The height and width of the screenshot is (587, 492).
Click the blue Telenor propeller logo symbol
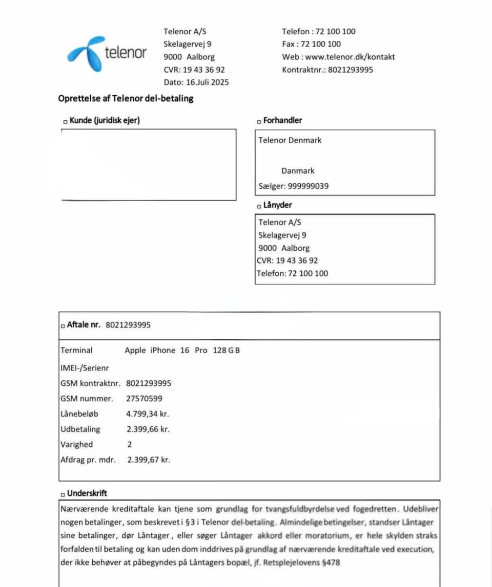(x=86, y=53)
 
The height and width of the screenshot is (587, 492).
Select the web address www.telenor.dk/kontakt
(x=350, y=57)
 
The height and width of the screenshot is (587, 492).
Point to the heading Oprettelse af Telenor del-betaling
(x=126, y=98)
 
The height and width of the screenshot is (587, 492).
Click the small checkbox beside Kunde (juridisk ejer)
(x=65, y=121)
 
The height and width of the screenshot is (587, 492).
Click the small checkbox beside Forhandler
(x=259, y=121)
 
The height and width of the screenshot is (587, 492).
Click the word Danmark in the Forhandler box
(x=298, y=171)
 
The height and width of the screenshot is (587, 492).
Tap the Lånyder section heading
(x=277, y=205)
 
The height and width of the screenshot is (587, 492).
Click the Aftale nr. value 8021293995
(x=128, y=325)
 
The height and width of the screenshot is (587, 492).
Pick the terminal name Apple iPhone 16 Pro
(x=166, y=351)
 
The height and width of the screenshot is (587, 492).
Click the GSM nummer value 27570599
(x=144, y=398)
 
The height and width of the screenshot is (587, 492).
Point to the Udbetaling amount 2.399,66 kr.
(x=148, y=429)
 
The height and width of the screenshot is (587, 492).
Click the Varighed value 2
(x=129, y=444)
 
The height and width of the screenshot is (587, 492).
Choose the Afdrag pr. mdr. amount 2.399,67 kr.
(x=148, y=460)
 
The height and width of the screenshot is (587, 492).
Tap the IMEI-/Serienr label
(x=85, y=367)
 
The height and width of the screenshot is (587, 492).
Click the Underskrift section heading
(x=87, y=493)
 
